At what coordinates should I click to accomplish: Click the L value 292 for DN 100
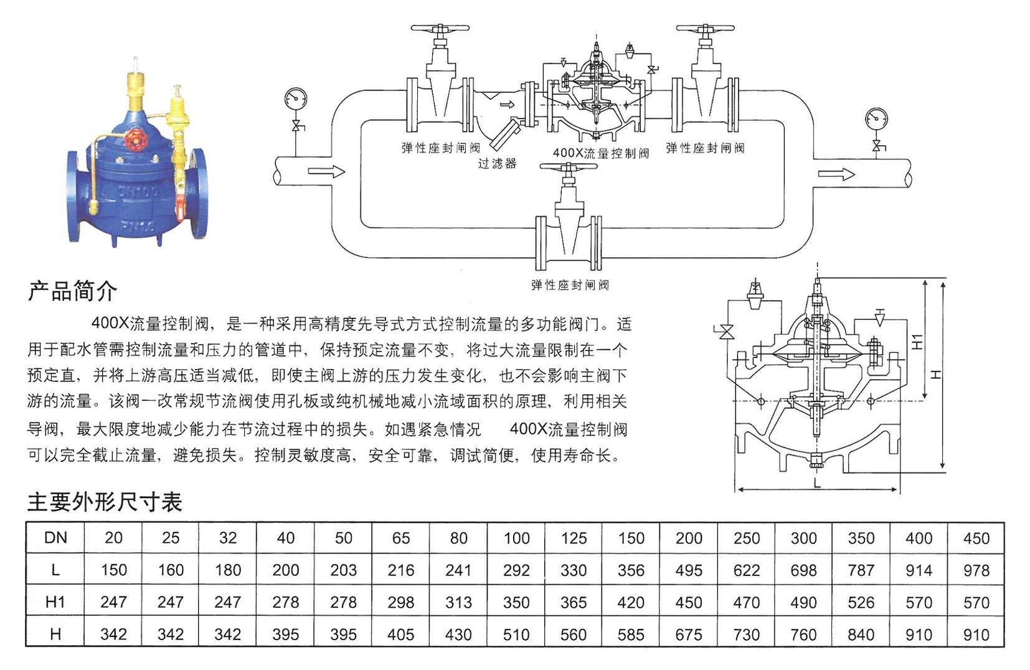point(516,570)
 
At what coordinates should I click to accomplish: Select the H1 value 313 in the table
point(458,602)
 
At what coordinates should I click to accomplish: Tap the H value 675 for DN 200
point(688,634)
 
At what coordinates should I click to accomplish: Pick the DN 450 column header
point(976,538)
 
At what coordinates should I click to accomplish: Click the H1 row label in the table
point(55,602)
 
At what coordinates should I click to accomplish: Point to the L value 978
point(976,570)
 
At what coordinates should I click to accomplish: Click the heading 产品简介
point(73,291)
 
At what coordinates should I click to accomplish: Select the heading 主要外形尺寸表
point(105,502)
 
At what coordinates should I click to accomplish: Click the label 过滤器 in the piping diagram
point(498,163)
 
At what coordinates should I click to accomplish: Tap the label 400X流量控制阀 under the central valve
point(600,153)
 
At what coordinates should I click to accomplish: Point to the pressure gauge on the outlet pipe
point(876,118)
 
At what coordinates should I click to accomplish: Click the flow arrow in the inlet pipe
point(326,171)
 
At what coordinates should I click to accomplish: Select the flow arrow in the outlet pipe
point(836,175)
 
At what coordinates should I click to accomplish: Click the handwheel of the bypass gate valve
point(569,166)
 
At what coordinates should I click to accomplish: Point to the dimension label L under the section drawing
point(817,483)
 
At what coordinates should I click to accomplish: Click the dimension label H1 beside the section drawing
point(917,342)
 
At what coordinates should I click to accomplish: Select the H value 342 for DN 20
point(113,634)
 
